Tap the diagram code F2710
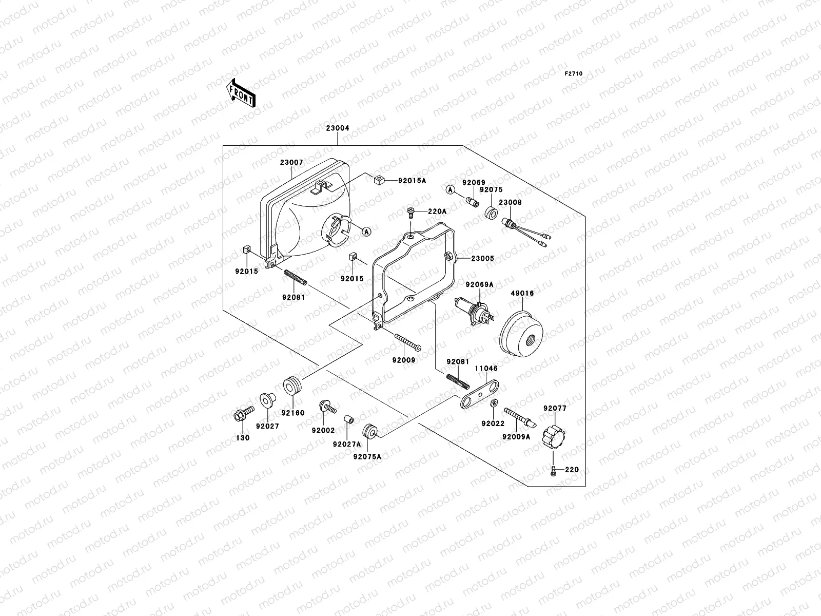point(574,74)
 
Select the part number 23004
point(337,129)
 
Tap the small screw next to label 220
point(553,470)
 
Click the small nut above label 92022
point(493,401)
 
